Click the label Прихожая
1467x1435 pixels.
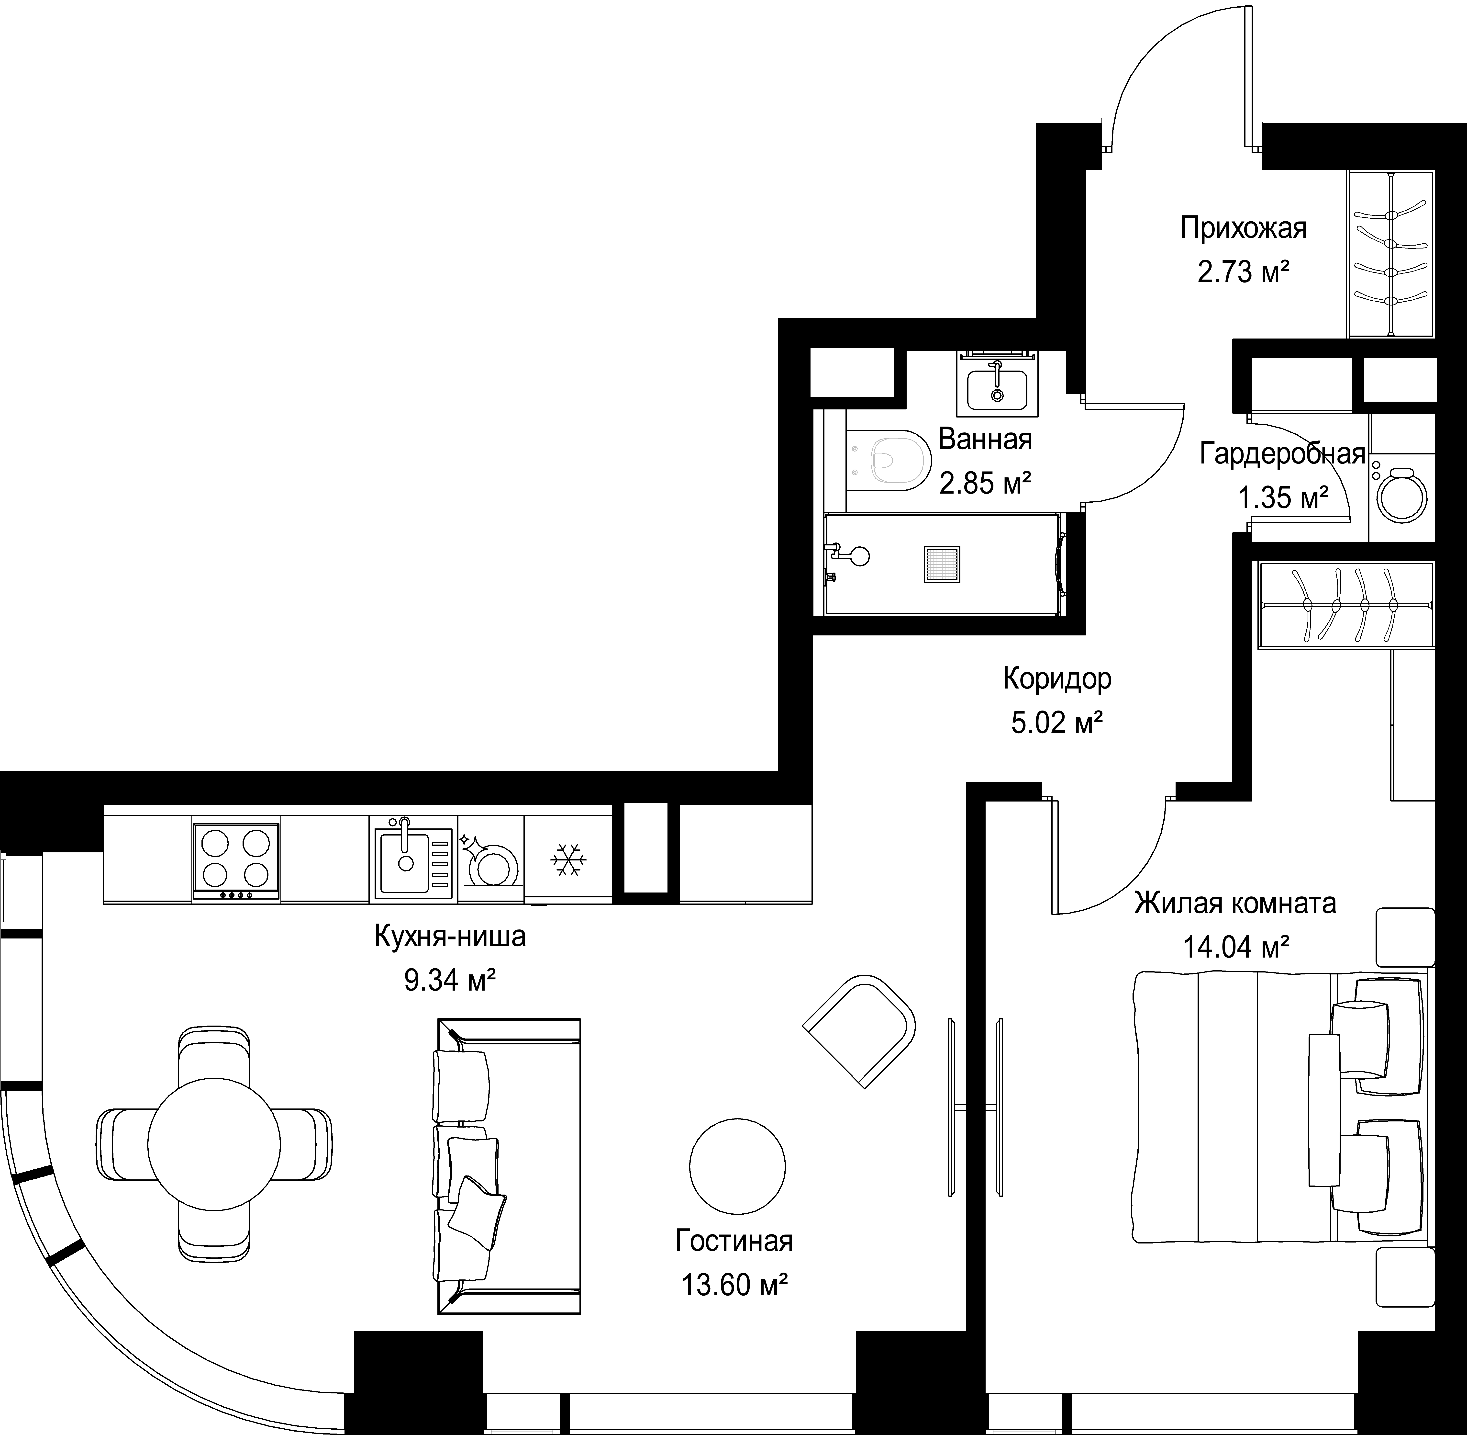[1243, 228]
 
